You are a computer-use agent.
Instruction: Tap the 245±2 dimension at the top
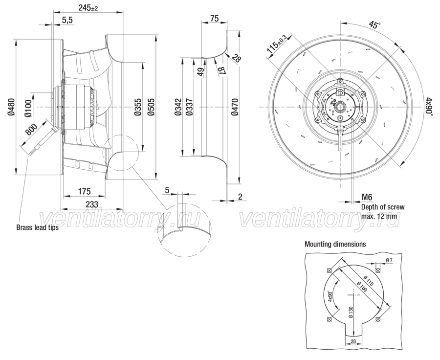[x=88, y=8]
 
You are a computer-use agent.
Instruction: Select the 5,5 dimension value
[x=67, y=20]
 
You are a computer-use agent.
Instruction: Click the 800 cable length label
[x=31, y=130]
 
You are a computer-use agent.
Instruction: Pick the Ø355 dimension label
[x=137, y=107]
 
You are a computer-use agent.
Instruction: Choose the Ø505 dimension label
[x=151, y=107]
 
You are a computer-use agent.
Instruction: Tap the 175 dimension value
[x=84, y=192]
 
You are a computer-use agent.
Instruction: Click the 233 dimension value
[x=92, y=204]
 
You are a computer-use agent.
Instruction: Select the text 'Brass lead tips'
[x=37, y=227]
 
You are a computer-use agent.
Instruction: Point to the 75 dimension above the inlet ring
[x=214, y=19]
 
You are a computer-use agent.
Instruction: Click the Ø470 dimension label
[x=235, y=107]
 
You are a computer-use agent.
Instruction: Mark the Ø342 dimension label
[x=178, y=107]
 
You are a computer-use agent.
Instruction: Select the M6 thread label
[x=367, y=198]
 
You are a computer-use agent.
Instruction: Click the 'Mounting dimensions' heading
[x=335, y=244]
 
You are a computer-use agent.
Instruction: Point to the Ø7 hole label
[x=389, y=261]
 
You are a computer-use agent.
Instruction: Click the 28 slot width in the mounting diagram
[x=353, y=341]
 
